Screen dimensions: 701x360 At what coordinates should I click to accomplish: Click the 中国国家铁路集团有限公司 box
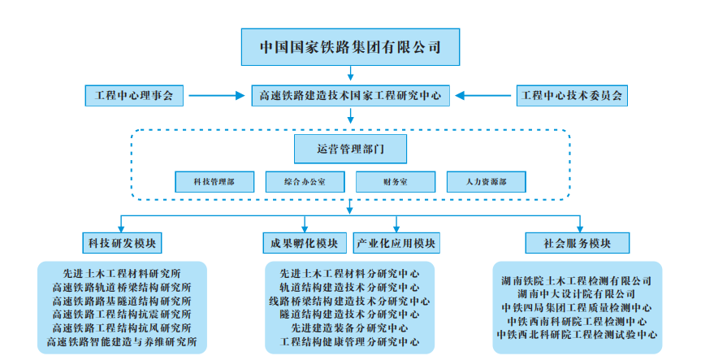(350, 47)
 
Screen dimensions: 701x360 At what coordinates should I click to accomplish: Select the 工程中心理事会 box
(134, 96)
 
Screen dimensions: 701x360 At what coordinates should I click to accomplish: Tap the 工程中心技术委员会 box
(572, 96)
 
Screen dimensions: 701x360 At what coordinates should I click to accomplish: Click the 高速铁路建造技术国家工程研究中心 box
(351, 96)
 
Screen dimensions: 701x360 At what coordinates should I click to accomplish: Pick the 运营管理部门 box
(351, 149)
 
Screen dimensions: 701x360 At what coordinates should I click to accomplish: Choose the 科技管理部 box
(214, 182)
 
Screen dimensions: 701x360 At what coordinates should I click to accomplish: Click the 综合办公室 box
(305, 182)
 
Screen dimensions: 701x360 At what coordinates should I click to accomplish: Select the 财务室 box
(396, 182)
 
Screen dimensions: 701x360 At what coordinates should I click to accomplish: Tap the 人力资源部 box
(487, 182)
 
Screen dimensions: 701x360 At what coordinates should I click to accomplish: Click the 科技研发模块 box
(122, 243)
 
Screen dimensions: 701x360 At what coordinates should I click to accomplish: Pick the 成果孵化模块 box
(305, 243)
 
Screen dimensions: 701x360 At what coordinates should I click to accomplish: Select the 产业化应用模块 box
(396, 243)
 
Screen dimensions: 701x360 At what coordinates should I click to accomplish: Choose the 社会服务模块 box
(578, 243)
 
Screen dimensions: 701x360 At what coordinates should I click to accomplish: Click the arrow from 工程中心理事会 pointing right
(217, 95)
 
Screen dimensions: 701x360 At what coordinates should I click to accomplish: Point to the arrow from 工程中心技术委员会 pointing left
(482, 95)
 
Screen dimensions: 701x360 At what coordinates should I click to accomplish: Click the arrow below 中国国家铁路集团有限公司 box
(351, 73)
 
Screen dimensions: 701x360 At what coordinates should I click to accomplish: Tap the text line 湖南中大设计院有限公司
(577, 294)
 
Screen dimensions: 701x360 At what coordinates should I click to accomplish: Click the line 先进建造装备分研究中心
(349, 327)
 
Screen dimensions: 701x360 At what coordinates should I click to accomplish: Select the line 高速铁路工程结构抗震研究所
(122, 314)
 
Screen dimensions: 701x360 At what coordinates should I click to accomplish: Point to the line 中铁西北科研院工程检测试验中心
(577, 335)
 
